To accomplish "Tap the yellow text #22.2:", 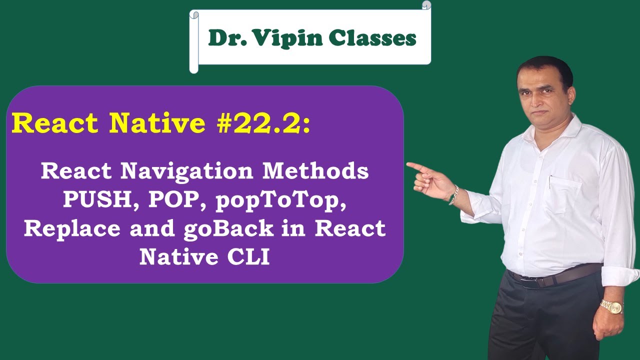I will coord(263,123).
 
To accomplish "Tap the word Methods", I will coord(316,171).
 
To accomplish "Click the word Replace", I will coord(72,228).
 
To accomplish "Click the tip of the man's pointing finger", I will coord(408,164).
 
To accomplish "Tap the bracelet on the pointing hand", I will coord(454,195).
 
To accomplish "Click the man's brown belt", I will coord(555,276).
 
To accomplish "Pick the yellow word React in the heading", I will coord(54,123).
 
